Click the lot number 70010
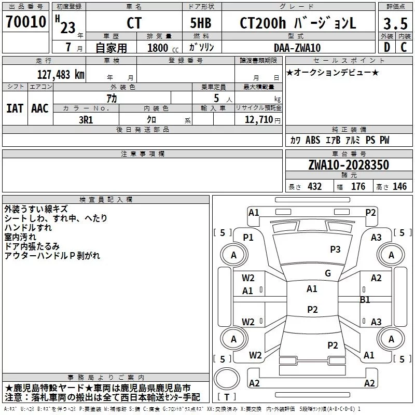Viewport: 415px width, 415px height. point(26,22)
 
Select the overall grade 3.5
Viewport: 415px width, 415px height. point(395,24)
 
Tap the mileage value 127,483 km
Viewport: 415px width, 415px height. point(61,75)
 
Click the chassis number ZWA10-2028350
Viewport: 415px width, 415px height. point(349,165)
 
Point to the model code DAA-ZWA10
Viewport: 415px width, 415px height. point(297,48)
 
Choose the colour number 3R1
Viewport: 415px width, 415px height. point(86,120)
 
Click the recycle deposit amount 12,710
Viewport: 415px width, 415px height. point(258,120)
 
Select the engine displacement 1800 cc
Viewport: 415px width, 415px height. point(163,48)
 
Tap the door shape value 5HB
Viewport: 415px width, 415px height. point(201,23)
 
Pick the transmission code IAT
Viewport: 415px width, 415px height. point(15,108)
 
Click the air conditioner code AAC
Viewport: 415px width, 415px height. point(40,108)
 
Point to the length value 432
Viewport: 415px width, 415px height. point(315,186)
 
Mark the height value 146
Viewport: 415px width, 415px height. point(399,186)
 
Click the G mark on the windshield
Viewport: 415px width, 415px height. point(328,273)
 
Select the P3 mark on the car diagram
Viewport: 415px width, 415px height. point(335,250)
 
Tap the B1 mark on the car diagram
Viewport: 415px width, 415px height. point(365,300)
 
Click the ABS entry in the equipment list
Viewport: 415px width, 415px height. point(313,140)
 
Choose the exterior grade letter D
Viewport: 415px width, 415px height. point(387,47)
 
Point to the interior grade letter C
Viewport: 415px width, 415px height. point(404,47)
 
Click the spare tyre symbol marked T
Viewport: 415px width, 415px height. point(227,379)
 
